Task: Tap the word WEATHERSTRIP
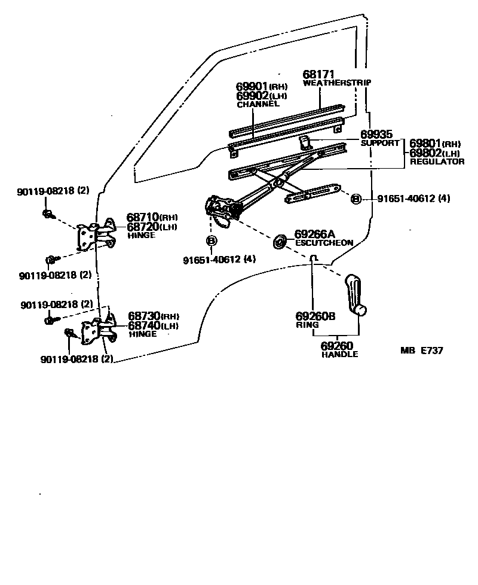336,83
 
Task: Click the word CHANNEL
258,104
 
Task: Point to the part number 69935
376,135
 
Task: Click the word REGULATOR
437,162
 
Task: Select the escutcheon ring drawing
279,242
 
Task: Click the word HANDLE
339,354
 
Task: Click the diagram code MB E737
421,351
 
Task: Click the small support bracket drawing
305,142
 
